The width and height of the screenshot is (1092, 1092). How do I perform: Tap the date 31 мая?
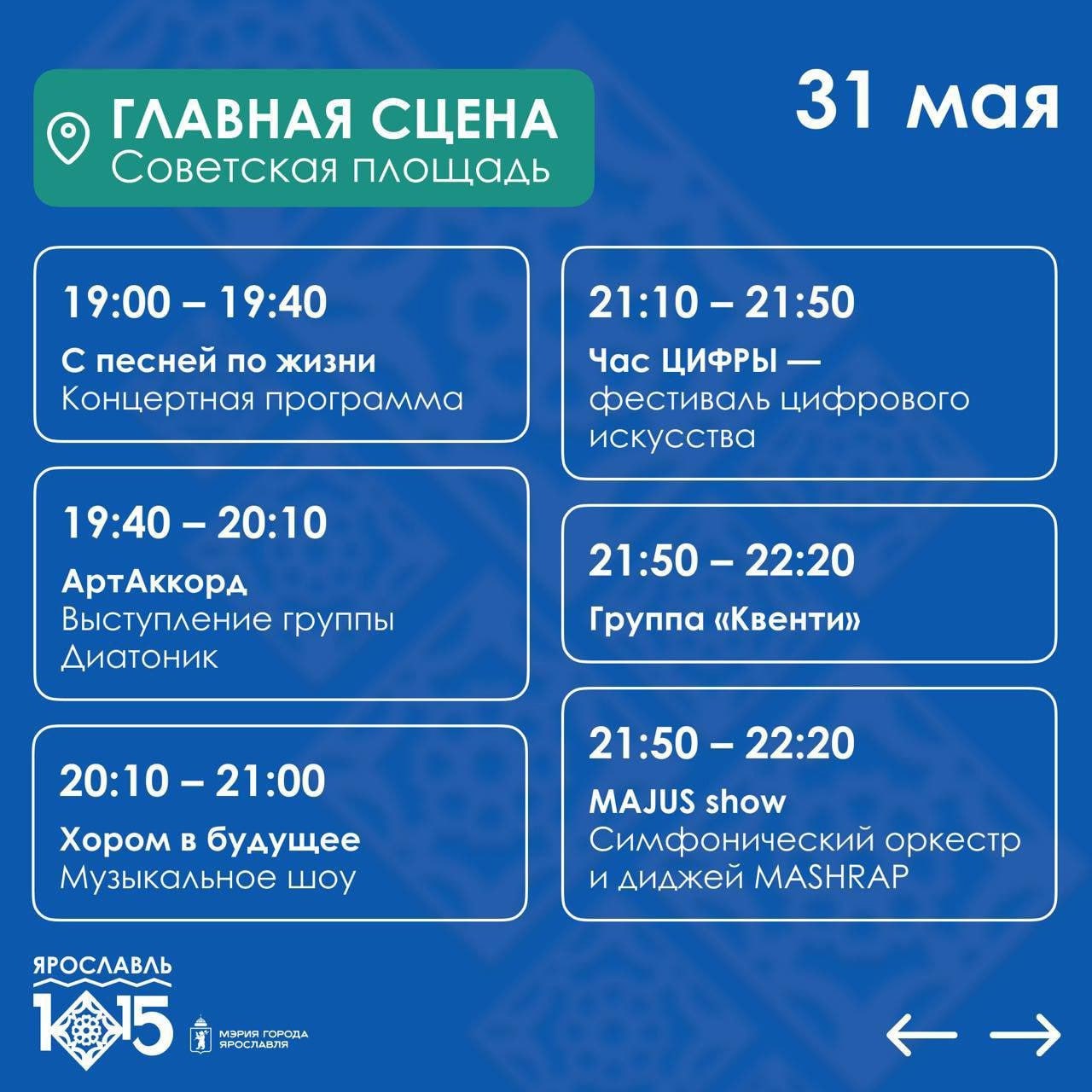point(927,104)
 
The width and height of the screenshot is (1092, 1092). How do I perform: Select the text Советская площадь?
point(330,169)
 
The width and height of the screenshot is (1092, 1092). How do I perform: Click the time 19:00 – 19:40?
point(195,302)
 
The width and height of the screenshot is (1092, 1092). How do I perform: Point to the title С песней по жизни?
point(218,362)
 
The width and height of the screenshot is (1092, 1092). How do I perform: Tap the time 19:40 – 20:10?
point(195,522)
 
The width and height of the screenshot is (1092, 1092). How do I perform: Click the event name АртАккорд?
point(154,584)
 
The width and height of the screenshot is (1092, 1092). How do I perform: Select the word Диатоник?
point(139,658)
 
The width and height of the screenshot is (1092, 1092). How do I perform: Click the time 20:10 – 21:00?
point(193,781)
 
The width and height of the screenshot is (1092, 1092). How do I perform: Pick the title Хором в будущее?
point(210,841)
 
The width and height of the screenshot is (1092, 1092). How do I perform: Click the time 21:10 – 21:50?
point(722,302)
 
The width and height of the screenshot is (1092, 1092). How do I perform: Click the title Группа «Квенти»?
point(724,619)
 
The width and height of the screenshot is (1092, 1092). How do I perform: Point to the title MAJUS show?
point(688,802)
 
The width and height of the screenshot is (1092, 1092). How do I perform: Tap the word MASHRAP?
point(831,878)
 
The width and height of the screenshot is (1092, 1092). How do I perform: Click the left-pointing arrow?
point(921,1035)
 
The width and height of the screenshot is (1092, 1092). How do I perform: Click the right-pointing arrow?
point(1025,1035)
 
